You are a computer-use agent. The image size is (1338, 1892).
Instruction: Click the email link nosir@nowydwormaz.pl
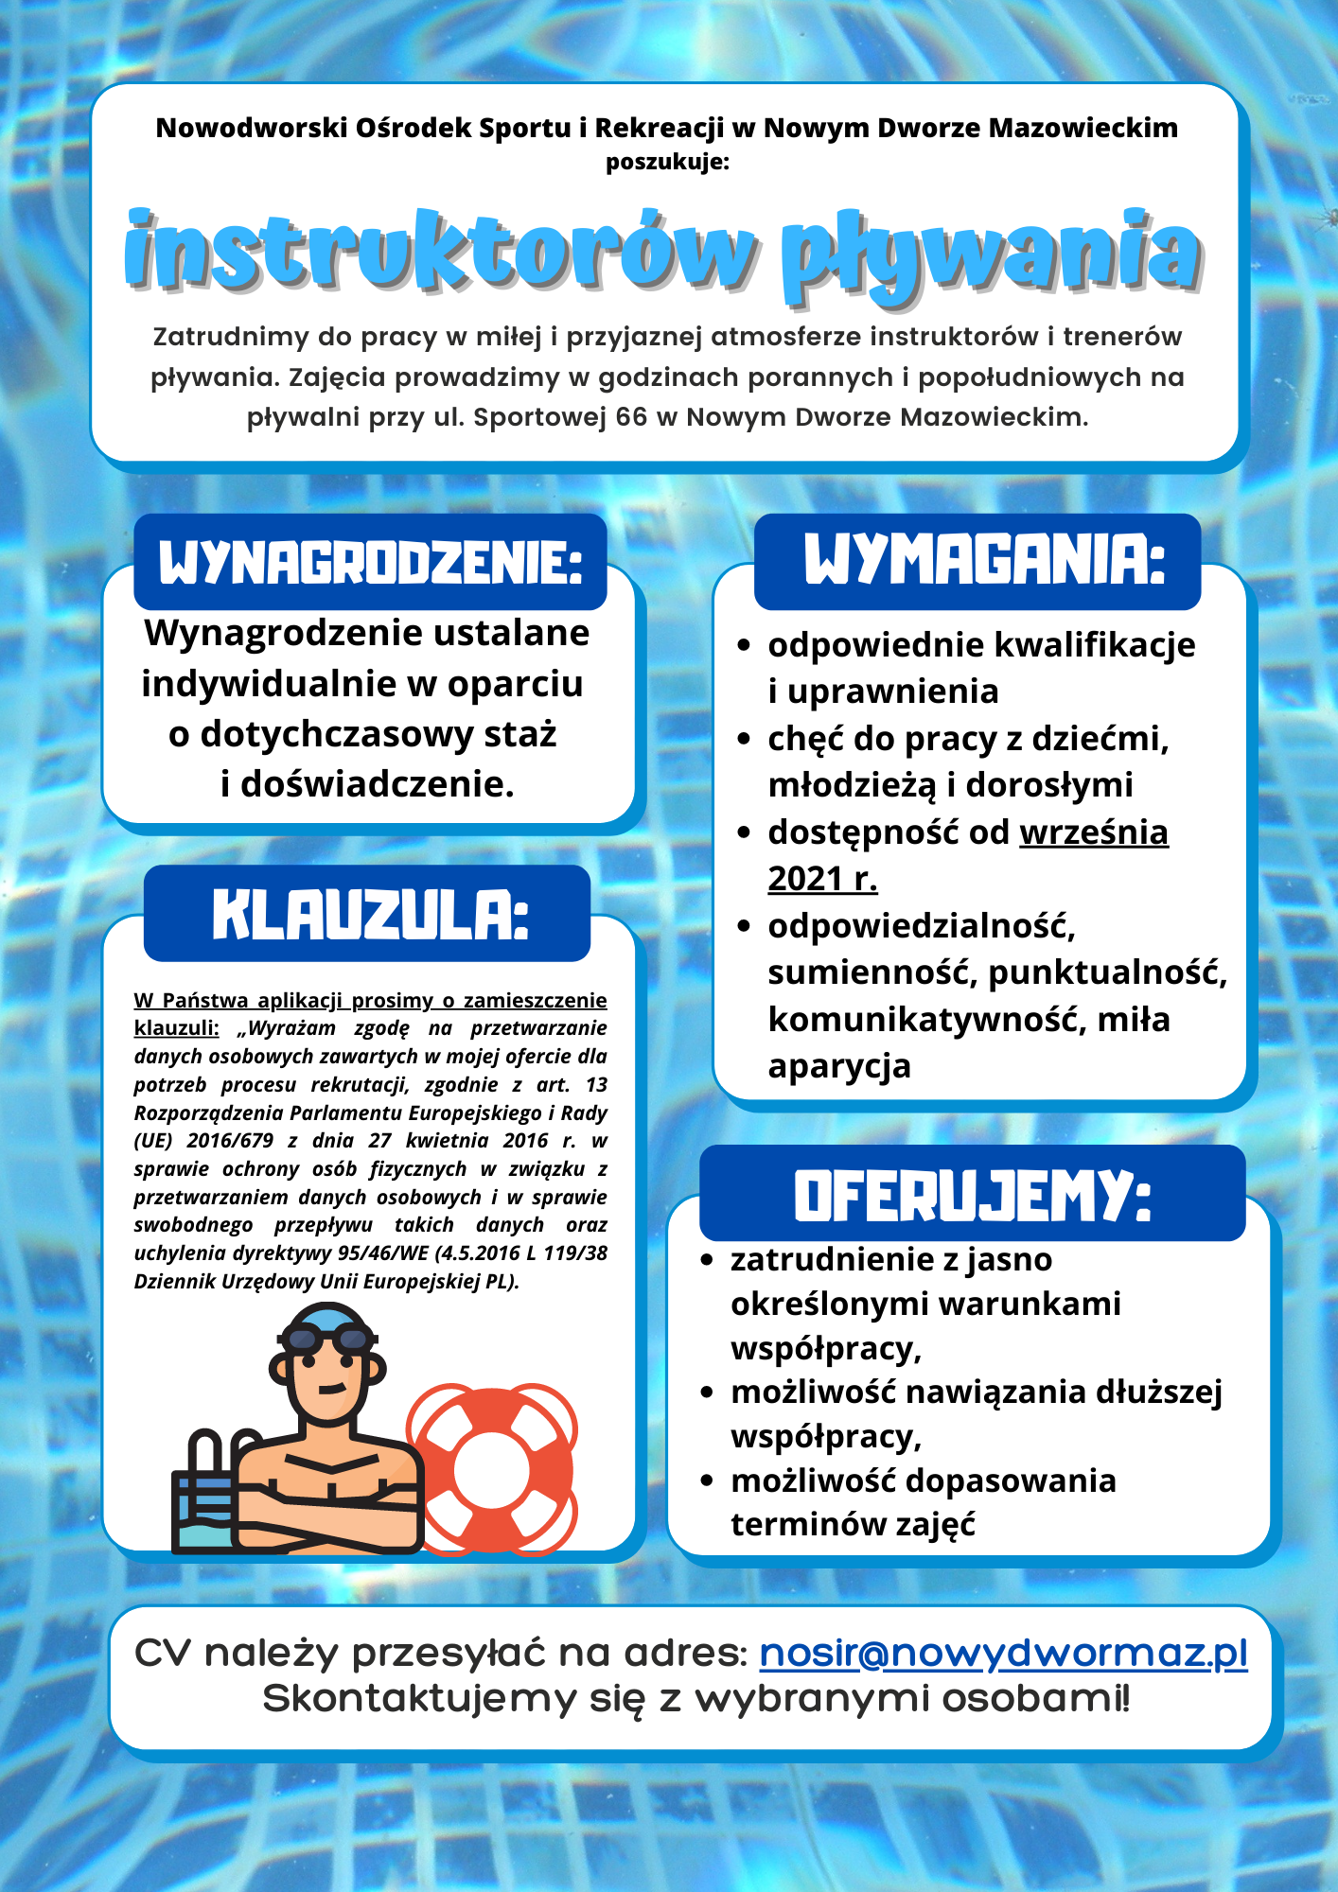[x=1003, y=1653]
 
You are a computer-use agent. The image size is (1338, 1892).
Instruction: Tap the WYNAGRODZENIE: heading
[x=370, y=563]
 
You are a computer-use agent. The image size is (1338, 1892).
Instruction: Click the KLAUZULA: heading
[x=370, y=915]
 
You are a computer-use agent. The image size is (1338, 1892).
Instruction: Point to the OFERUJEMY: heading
[x=972, y=1195]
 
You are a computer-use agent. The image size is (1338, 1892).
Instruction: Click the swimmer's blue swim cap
[x=326, y=1316]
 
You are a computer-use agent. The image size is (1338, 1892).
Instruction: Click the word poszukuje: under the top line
[x=668, y=162]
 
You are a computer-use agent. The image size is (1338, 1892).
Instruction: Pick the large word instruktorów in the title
[x=441, y=251]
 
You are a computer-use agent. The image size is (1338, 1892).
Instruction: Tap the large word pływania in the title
[x=991, y=254]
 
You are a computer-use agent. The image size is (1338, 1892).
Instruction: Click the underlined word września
[x=1093, y=832]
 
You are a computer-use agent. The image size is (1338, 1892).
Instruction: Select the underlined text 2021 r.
[x=822, y=879]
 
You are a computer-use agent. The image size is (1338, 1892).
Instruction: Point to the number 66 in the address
[x=631, y=417]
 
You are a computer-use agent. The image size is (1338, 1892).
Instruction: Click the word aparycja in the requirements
[x=839, y=1066]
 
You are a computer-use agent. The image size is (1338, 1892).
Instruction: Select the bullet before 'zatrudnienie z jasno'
[x=706, y=1260]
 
